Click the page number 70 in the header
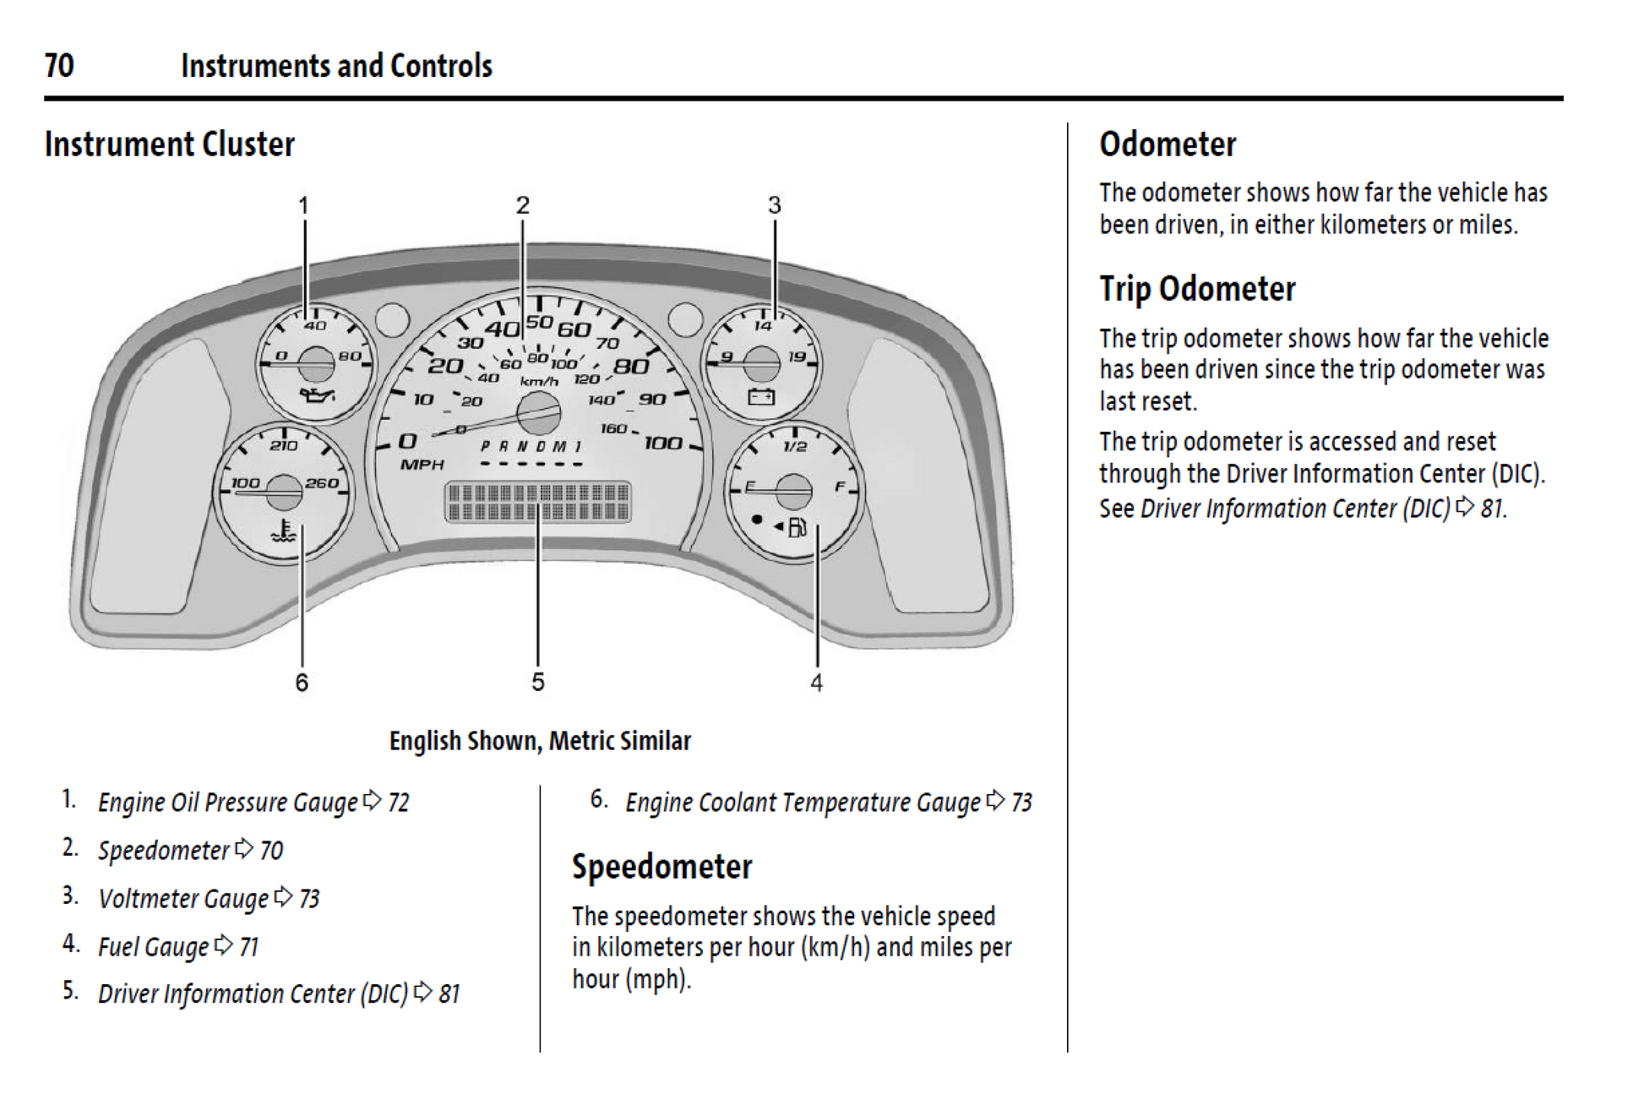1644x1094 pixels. pos(59,66)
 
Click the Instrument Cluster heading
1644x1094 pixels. pos(169,144)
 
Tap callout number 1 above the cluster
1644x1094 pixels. pos(303,205)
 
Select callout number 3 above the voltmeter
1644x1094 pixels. pos(774,205)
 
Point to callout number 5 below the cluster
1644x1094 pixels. pos(538,682)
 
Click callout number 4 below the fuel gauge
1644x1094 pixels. pos(816,683)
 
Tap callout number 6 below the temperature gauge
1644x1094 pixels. pos(302,682)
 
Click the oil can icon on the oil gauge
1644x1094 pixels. pos(317,395)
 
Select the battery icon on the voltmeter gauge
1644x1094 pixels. pos(761,396)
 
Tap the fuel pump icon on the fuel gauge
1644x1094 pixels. pos(797,528)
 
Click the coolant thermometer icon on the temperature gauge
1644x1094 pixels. pos(284,532)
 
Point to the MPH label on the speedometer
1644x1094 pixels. pos(422,465)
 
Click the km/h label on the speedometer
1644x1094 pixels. pos(539,381)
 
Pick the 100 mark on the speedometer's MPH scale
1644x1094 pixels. pos(663,443)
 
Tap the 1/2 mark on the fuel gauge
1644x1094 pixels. pos(795,446)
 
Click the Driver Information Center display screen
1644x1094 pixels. pos(537,502)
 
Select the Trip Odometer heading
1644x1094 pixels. pos(1197,289)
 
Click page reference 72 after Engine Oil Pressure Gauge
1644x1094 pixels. pos(399,803)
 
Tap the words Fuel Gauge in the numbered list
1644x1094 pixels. pos(153,947)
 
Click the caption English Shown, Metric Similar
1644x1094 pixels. pos(540,741)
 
